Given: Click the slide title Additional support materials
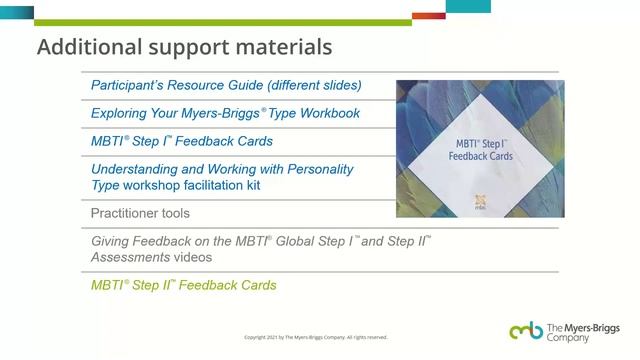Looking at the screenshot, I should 184,47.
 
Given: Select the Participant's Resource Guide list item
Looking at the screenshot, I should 226,85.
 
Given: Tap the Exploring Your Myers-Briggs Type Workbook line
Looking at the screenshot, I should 225,113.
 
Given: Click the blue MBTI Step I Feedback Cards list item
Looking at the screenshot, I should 181,141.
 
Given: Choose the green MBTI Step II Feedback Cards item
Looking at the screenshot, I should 183,285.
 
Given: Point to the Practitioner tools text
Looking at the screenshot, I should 140,213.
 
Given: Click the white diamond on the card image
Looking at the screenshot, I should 480,150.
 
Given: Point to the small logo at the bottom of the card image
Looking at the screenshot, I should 480,201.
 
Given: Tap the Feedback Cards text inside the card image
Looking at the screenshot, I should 480,158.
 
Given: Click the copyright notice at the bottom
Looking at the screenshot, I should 316,337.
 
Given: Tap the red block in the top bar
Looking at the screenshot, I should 428,15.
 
